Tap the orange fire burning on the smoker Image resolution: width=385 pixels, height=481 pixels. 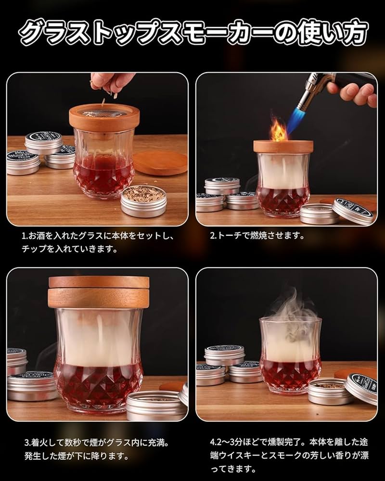[x=278, y=131]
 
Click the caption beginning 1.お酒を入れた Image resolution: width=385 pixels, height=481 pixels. [x=96, y=243]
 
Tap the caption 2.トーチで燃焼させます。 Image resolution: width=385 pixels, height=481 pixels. [x=257, y=236]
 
